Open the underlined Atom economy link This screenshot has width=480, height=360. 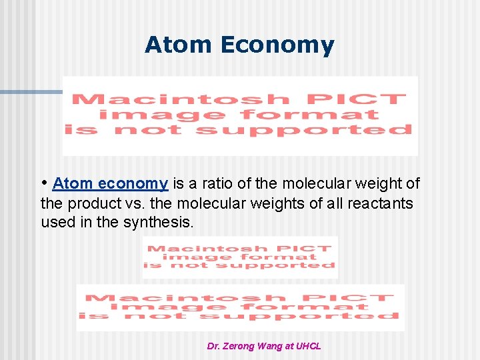click(110, 183)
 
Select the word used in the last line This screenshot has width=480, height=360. click(57, 222)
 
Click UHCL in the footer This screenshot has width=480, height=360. click(308, 346)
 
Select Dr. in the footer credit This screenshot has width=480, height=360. click(214, 346)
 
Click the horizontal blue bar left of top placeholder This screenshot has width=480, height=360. click(31, 92)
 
